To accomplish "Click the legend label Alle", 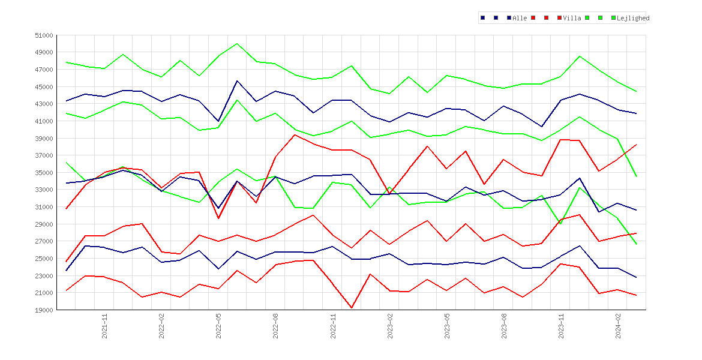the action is [x=520, y=18].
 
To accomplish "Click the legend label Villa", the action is [x=572, y=18].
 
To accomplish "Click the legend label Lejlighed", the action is [x=633, y=18].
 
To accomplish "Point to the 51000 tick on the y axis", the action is [x=44, y=35].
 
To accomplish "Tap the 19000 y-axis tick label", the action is [x=44, y=310].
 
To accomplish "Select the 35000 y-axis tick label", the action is [x=44, y=173].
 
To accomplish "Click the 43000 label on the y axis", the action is [x=44, y=104].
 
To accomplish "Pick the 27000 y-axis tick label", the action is [x=44, y=241].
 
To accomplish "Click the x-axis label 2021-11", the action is [x=104, y=326].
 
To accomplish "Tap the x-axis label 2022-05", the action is [x=218, y=326].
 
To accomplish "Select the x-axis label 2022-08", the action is [x=276, y=326].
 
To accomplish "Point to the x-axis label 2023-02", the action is [x=390, y=326].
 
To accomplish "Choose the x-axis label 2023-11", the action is [x=562, y=326].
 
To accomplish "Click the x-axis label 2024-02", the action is [x=618, y=326].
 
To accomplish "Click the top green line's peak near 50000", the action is [x=237, y=44].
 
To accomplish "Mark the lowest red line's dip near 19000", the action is [x=352, y=308].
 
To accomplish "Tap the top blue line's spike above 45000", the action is [x=237, y=81].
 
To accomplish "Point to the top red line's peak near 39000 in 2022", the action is [x=294, y=135].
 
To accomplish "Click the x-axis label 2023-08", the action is [x=504, y=326].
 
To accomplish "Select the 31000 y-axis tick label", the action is [x=44, y=207].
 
